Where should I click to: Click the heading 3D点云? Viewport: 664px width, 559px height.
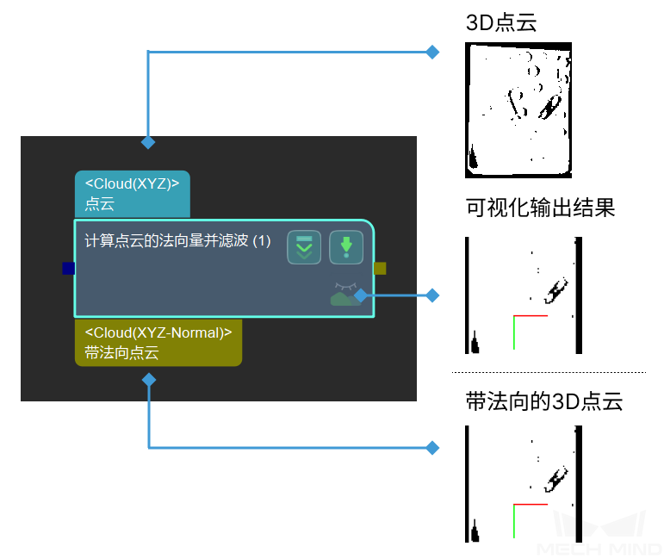click(501, 23)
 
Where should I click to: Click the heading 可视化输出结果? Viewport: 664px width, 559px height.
click(540, 208)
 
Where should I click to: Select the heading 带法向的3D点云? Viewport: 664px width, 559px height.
click(543, 401)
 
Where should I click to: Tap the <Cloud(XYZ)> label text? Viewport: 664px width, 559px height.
click(132, 183)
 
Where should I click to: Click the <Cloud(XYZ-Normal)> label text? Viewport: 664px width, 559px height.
click(158, 332)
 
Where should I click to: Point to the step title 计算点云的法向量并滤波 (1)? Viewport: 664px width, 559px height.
click(177, 241)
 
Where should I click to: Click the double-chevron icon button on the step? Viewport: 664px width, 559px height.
click(304, 247)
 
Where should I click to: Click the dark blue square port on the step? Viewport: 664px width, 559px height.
click(69, 269)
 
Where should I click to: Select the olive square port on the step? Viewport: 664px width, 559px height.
click(380, 269)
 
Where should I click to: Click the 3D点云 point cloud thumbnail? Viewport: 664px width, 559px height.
click(518, 110)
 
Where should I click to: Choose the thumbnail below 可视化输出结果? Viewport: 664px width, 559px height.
click(524, 295)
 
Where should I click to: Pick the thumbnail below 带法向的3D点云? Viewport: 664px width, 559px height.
click(524, 484)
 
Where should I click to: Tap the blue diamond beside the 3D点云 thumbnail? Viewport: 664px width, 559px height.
click(433, 53)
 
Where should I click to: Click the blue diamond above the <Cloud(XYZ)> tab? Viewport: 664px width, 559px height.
click(148, 141)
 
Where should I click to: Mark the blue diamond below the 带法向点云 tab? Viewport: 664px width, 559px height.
click(148, 380)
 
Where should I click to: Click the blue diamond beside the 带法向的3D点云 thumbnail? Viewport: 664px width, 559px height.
click(433, 448)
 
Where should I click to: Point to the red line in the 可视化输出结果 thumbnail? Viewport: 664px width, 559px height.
click(531, 316)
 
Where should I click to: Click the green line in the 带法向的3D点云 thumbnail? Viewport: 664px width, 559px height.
click(513, 522)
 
